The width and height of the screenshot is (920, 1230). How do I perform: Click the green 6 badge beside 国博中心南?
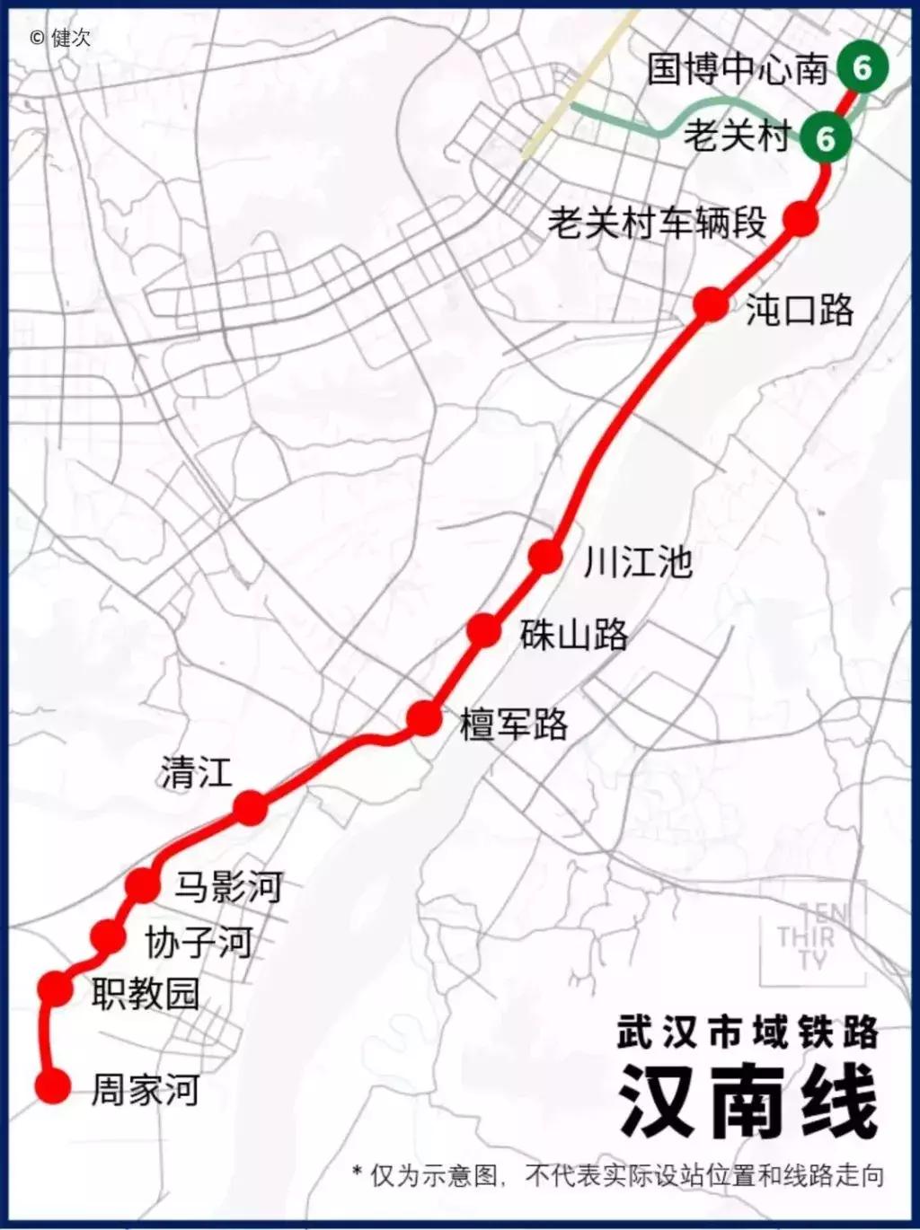pos(862,67)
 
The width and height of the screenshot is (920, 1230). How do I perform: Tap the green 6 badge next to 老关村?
pos(825,137)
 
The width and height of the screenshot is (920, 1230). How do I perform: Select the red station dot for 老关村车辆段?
pos(800,218)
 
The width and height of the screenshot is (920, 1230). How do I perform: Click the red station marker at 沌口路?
pos(711,305)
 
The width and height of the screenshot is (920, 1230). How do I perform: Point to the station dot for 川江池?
pos(545,557)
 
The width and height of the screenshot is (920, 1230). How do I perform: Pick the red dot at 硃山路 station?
pos(483,630)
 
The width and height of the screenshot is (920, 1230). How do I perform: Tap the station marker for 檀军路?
pos(424,718)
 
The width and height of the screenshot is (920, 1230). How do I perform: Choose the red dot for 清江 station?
pos(251,808)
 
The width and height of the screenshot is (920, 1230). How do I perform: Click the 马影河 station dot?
pos(143,885)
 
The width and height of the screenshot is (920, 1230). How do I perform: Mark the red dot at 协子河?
pos(109,937)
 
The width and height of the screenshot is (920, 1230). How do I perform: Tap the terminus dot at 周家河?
pos(53,1086)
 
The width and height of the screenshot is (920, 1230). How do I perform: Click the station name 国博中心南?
pos(738,69)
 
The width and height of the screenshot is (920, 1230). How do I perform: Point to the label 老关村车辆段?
pos(658,222)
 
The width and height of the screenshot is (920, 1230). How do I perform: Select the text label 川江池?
pos(638,562)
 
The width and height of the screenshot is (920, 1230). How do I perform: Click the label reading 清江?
pos(197,772)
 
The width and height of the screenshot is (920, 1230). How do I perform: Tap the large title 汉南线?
pos(747,1101)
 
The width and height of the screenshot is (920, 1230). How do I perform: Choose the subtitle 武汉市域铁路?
pos(747,1032)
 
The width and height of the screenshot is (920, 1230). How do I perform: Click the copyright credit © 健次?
pos(60,38)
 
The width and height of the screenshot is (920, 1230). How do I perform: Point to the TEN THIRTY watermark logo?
pos(811,936)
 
